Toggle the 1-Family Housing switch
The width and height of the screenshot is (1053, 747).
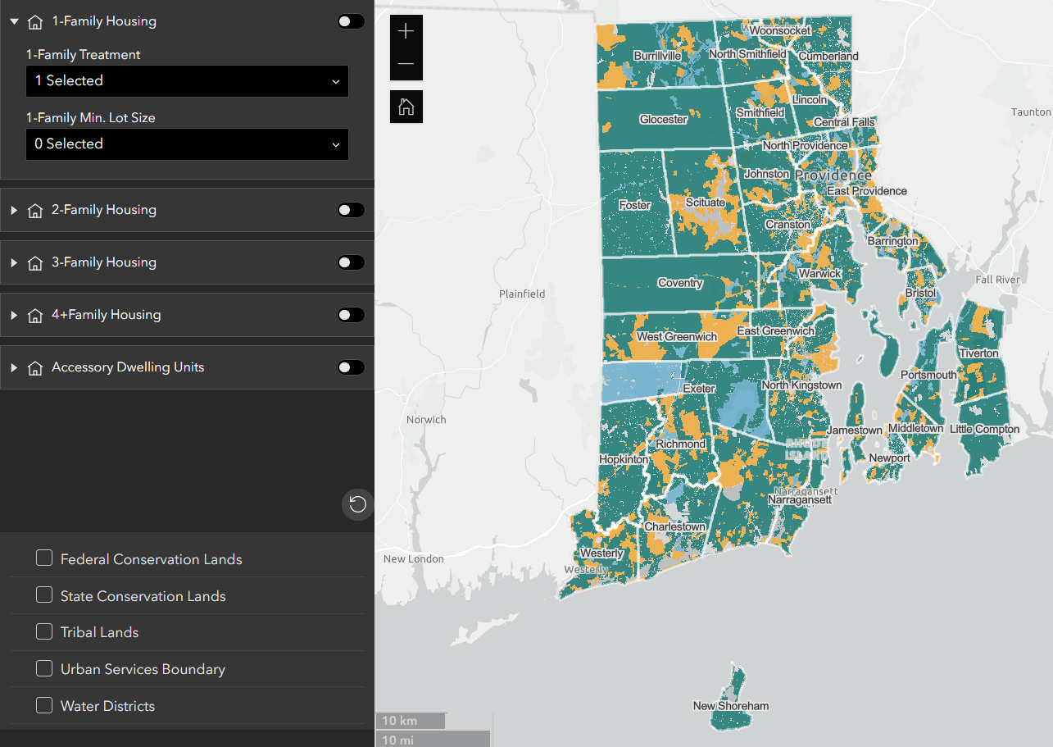pyautogui.click(x=351, y=21)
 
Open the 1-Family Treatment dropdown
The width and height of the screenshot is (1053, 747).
pyautogui.click(x=187, y=81)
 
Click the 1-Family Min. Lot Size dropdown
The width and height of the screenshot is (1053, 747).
pyautogui.click(x=187, y=144)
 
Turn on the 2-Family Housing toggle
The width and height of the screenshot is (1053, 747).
pyautogui.click(x=351, y=210)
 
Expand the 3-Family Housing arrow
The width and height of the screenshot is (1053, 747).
pyautogui.click(x=14, y=262)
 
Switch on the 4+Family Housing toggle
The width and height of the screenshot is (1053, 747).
pyautogui.click(x=351, y=315)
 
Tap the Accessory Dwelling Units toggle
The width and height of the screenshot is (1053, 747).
pyautogui.click(x=351, y=367)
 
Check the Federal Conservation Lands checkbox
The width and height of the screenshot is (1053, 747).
pyautogui.click(x=44, y=558)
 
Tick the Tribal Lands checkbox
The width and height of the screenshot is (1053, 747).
pyautogui.click(x=44, y=632)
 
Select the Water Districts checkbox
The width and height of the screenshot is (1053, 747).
pyautogui.click(x=44, y=705)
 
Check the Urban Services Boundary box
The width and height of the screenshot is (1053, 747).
pyautogui.click(x=44, y=669)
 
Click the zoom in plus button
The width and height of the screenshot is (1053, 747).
pyautogui.click(x=406, y=32)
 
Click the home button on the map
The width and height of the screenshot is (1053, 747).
pyautogui.click(x=406, y=107)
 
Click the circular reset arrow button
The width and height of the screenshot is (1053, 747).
pyautogui.click(x=357, y=504)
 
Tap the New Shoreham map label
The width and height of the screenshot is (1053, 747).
pyautogui.click(x=731, y=706)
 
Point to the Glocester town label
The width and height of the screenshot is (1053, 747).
pyautogui.click(x=663, y=120)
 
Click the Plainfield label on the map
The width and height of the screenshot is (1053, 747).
pyautogui.click(x=522, y=294)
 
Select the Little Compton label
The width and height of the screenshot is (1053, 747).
pyautogui.click(x=984, y=429)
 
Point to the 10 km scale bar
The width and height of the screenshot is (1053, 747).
pyautogui.click(x=410, y=721)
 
